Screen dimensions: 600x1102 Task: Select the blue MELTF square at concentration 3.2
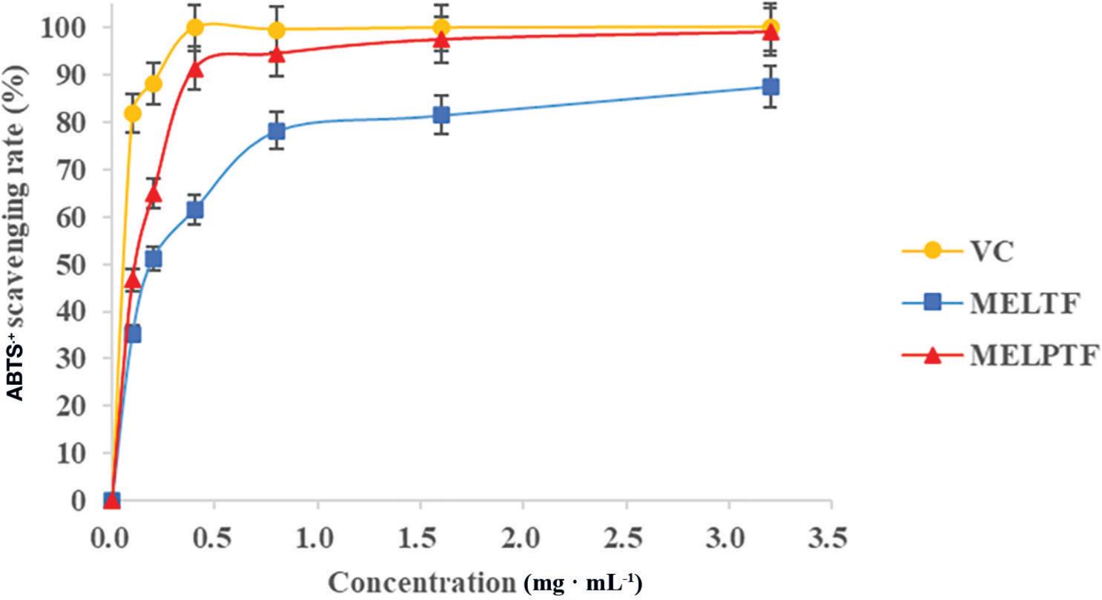(771, 87)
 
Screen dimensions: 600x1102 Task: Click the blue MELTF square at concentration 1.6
(441, 115)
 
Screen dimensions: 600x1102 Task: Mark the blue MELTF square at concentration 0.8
(277, 131)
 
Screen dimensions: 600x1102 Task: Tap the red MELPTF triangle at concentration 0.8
(277, 54)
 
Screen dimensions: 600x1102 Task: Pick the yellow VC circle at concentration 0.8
(277, 30)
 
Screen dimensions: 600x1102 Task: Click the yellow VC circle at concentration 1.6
(441, 28)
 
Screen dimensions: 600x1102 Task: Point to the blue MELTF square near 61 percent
(195, 210)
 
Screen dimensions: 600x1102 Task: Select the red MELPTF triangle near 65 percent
(154, 194)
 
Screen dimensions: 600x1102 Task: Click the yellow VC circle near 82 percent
(133, 113)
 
